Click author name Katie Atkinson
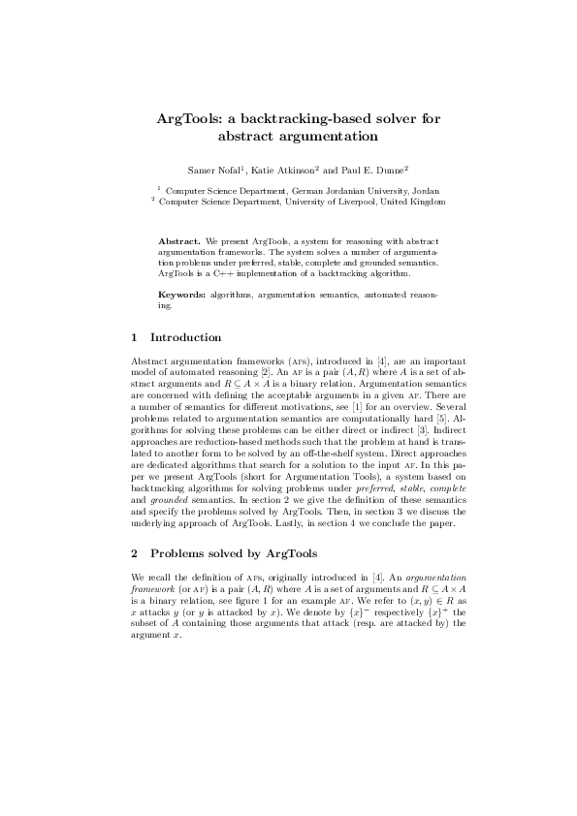pyautogui.click(x=283, y=170)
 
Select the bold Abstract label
pyautogui.click(x=178, y=240)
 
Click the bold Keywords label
pyautogui.click(x=182, y=293)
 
